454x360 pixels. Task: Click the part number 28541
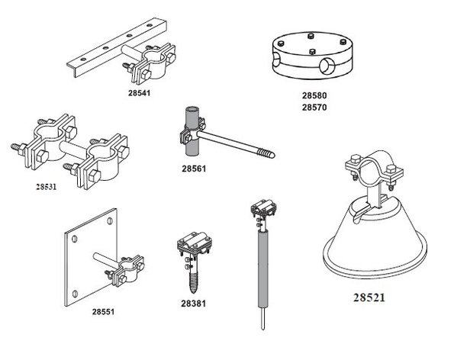click(x=140, y=93)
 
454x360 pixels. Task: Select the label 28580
click(x=314, y=95)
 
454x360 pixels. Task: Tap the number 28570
click(x=314, y=108)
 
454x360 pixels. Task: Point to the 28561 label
click(x=194, y=169)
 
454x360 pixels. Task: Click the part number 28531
click(x=47, y=187)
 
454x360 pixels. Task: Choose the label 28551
click(x=103, y=312)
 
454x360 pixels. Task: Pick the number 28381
click(x=193, y=304)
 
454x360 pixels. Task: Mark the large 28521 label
click(x=369, y=297)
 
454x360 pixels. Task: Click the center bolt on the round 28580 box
click(x=312, y=52)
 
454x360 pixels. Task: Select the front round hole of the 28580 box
click(x=327, y=65)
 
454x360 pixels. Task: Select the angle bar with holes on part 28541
click(x=116, y=48)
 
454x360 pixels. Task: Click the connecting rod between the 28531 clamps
click(x=73, y=148)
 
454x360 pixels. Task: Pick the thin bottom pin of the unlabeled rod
click(x=263, y=318)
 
